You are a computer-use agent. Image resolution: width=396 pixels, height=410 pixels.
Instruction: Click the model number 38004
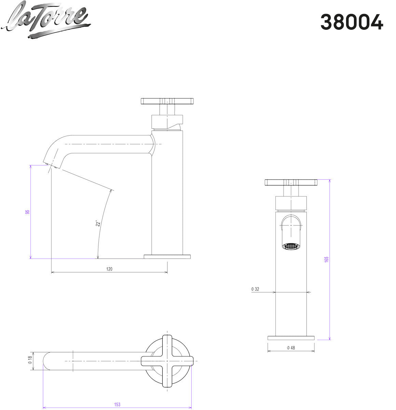click(352, 22)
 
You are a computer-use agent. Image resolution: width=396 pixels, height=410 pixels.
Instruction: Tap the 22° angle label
click(98, 223)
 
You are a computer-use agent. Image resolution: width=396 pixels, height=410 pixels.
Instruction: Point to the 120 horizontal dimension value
click(109, 269)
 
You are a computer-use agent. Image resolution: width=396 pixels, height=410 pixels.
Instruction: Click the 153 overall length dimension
click(117, 405)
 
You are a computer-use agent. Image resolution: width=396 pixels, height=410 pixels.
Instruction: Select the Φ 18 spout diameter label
click(30, 361)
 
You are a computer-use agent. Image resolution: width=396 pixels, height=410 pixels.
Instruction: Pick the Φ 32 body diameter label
click(255, 289)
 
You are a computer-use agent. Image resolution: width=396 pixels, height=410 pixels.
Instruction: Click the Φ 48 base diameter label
click(290, 348)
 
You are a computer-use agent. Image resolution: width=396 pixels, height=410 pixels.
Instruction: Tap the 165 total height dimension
click(326, 260)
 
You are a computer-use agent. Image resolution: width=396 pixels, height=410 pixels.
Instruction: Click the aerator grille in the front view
click(290, 246)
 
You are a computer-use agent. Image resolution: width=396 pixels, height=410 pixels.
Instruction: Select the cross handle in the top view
click(167, 361)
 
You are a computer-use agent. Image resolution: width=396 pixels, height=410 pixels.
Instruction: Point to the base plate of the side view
click(167, 256)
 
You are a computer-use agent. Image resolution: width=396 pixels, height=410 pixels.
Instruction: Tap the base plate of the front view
click(290, 338)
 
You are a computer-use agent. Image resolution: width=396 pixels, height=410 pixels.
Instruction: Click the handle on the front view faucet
click(291, 182)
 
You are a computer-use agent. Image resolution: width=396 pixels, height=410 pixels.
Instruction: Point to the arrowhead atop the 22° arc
click(111, 191)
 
